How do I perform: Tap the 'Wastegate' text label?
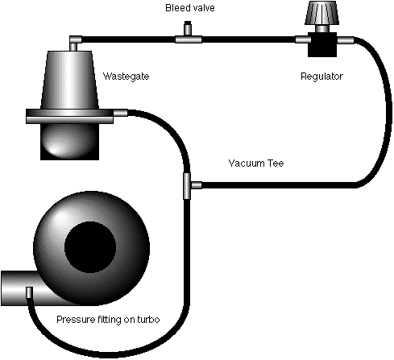pos(126,77)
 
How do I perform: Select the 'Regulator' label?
pos(321,77)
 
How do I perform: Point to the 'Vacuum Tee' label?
pos(255,163)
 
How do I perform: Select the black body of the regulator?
pos(322,43)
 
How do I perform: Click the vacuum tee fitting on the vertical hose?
pos(188,184)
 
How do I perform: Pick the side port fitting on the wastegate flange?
pos(120,114)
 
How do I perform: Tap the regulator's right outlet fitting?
pos(343,39)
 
